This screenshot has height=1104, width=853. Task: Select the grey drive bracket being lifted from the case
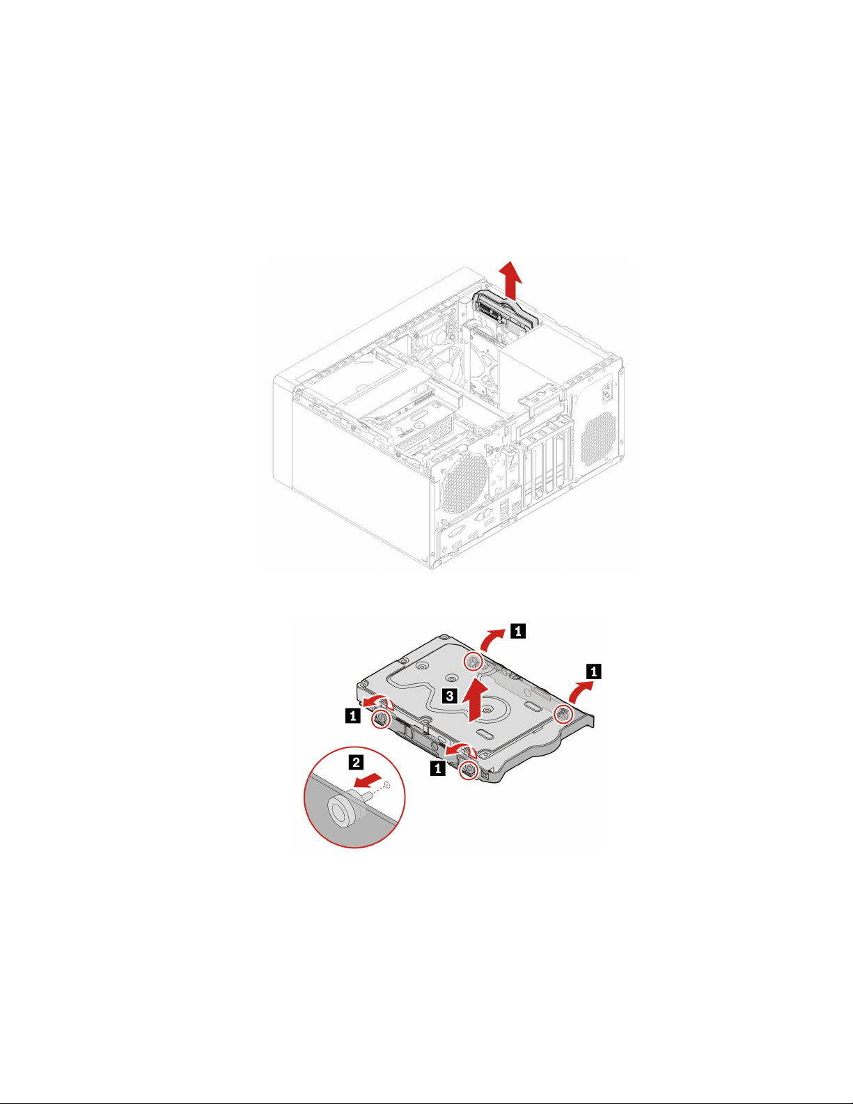tap(505, 311)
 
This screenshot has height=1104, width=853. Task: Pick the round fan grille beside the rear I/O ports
tap(464, 480)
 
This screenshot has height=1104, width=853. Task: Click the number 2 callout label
tap(356, 761)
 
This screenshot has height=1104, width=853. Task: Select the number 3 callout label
tap(451, 695)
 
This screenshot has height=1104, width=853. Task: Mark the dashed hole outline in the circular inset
tap(388, 786)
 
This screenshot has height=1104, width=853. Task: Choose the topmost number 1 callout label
tap(518, 631)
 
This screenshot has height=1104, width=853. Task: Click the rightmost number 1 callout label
tap(593, 671)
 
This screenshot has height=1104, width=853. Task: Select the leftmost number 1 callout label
tap(354, 715)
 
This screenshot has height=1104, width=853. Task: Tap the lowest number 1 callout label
tap(437, 768)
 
